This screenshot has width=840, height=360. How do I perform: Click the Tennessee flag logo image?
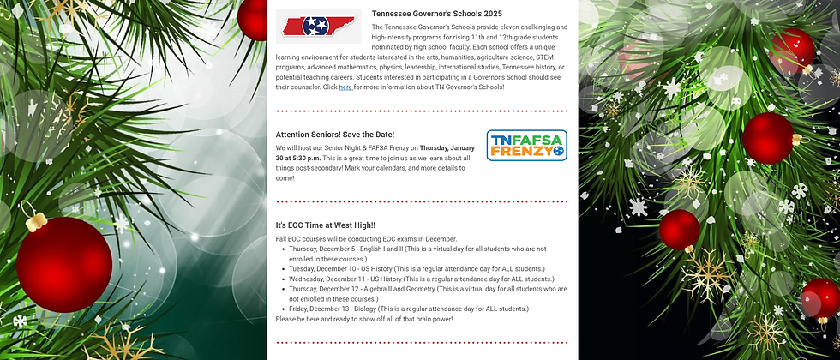click(x=318, y=26)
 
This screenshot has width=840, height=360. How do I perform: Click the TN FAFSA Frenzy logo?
click(x=527, y=146)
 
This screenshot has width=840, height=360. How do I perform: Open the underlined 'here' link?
click(x=345, y=87)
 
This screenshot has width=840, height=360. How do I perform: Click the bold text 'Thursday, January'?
click(x=447, y=147)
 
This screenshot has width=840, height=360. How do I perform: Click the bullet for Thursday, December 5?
click(x=284, y=249)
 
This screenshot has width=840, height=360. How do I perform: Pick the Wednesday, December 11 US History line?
click(x=421, y=279)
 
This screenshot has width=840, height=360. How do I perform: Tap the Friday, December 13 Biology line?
click(x=408, y=309)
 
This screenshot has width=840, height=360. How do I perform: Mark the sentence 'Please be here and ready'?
click(x=364, y=319)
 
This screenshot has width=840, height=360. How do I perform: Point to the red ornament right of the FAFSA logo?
click(x=767, y=138)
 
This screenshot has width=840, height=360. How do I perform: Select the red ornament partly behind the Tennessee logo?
click(x=254, y=19)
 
